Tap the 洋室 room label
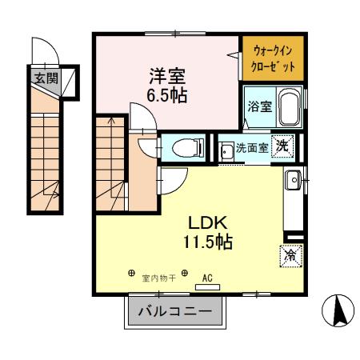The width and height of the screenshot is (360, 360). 167,78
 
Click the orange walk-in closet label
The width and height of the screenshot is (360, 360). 273,57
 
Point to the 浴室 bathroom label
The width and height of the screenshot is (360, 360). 257,105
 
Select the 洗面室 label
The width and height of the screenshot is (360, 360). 251,148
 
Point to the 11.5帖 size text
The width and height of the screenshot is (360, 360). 208,242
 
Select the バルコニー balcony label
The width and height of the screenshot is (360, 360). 174,311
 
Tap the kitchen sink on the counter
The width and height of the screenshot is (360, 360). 292,180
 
